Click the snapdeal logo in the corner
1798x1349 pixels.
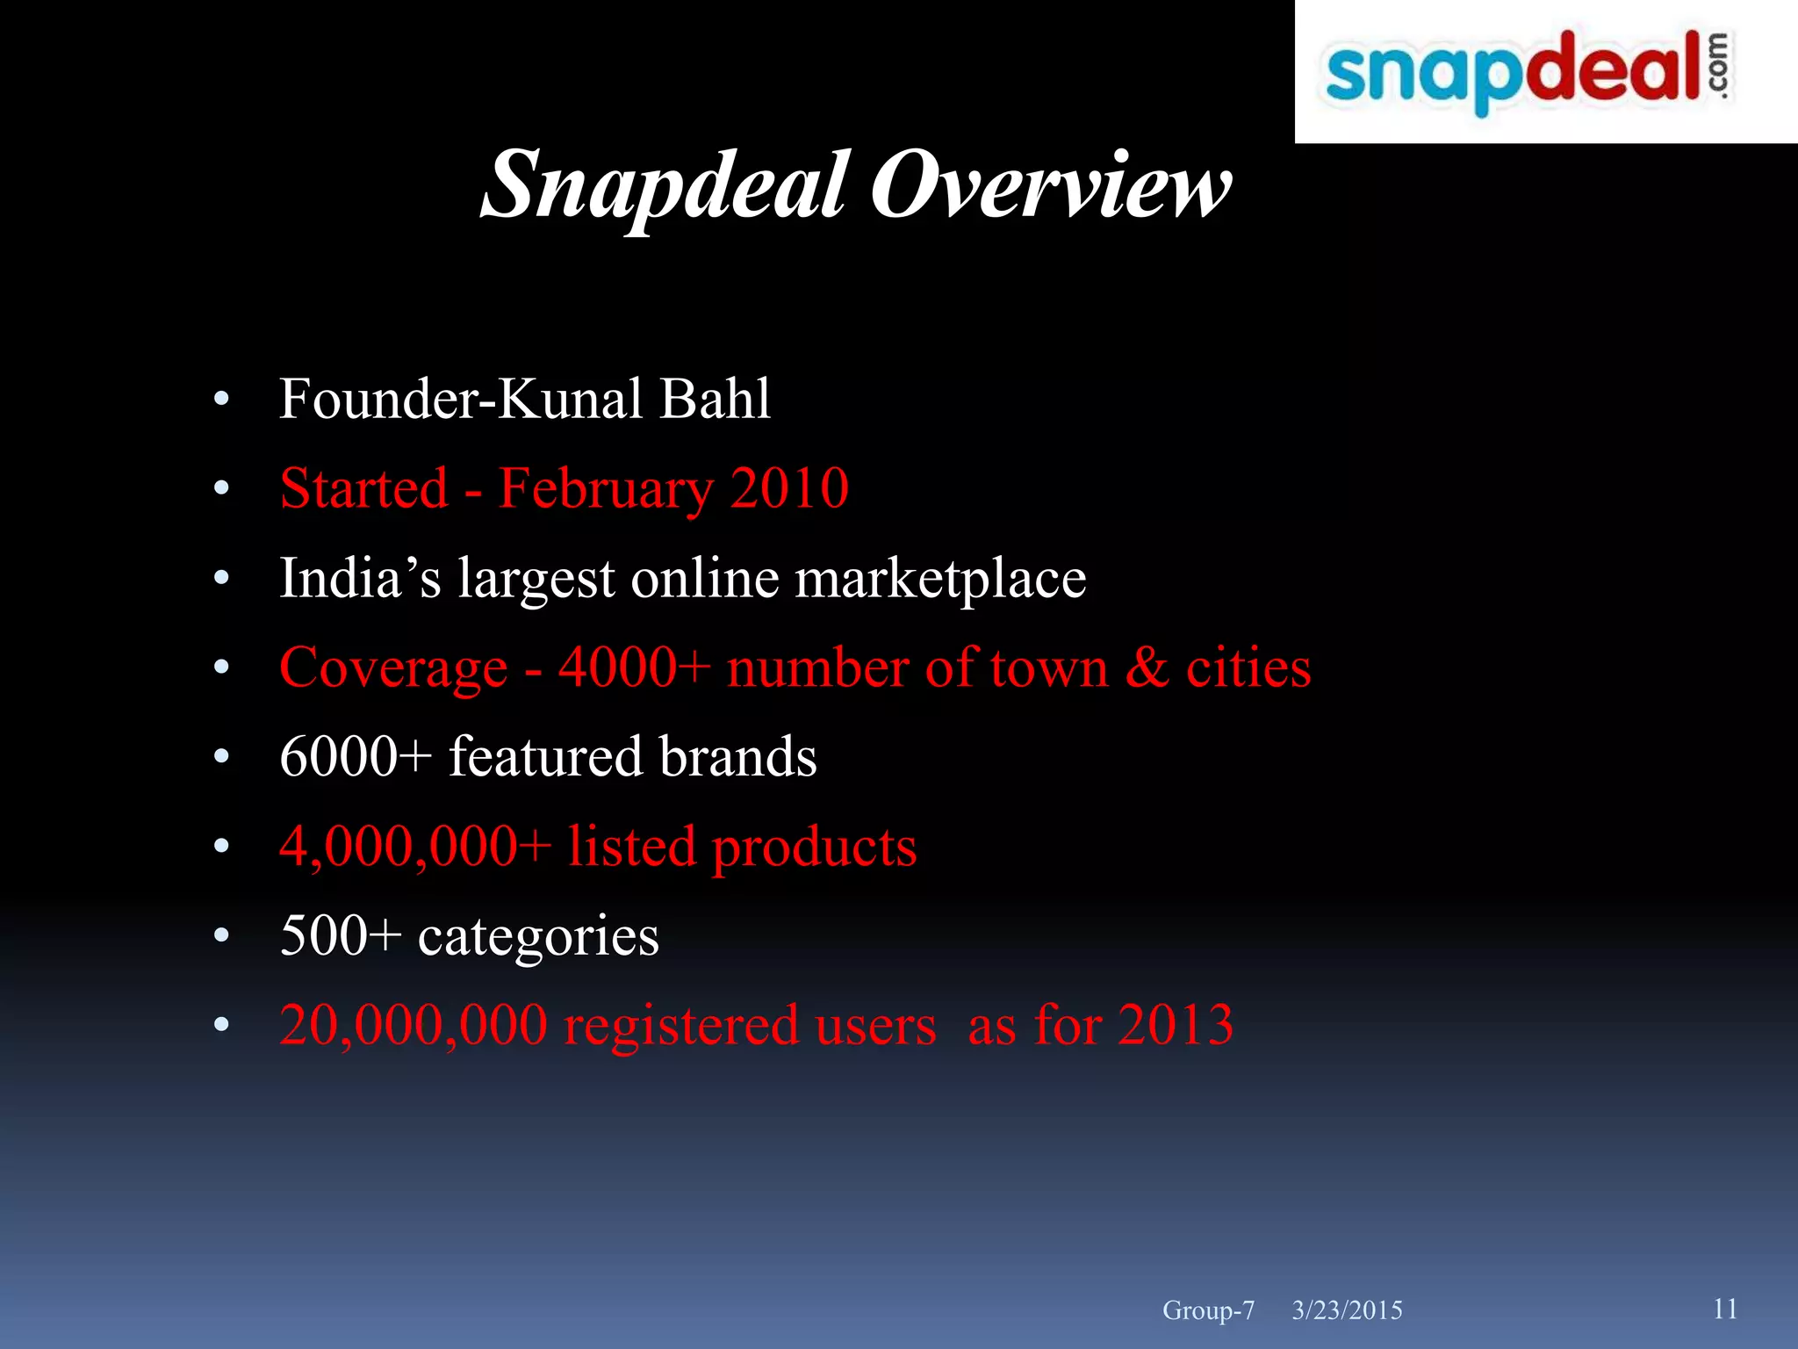tap(1528, 72)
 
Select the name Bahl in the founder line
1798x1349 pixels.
tap(715, 399)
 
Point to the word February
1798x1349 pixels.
tap(606, 490)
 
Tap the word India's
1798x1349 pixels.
tap(360, 578)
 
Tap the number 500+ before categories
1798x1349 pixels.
tap(340, 935)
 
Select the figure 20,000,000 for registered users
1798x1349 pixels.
tap(413, 1026)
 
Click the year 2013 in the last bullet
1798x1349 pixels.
tap(1176, 1025)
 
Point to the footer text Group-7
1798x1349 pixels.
tap(1208, 1310)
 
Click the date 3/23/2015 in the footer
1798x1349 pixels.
tap(1347, 1310)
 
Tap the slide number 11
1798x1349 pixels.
tap(1724, 1309)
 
